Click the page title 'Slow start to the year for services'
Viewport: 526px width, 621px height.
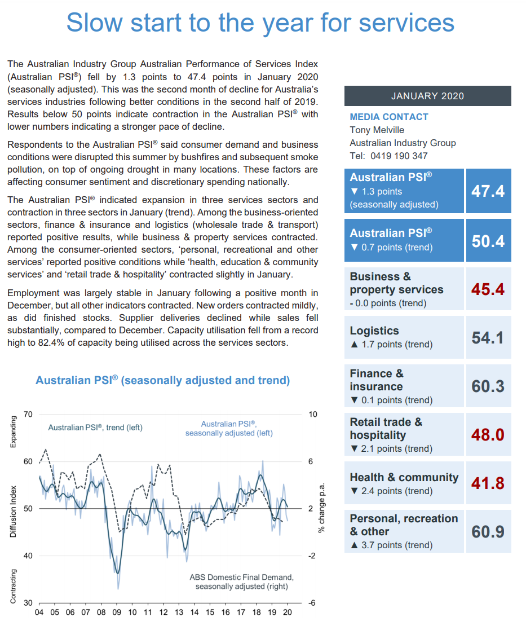coord(260,23)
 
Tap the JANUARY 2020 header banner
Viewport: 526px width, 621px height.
coord(427,96)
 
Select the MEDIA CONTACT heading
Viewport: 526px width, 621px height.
coord(389,117)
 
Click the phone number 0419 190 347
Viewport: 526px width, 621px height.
coord(399,156)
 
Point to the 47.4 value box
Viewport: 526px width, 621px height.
coord(488,191)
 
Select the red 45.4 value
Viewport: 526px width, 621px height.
coord(488,289)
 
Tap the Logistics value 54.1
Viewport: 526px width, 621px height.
coord(488,338)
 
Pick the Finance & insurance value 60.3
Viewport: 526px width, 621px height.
coord(488,386)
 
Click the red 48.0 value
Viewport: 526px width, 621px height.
coord(488,435)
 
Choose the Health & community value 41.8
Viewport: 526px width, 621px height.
coord(488,483)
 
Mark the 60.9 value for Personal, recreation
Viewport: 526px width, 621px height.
coord(488,532)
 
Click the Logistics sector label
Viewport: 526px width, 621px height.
coord(374,331)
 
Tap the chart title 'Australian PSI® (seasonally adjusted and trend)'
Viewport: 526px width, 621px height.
coord(163,381)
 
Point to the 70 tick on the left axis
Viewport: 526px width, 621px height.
coord(28,415)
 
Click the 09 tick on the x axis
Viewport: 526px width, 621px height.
coord(117,613)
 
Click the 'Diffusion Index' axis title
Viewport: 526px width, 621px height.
coord(13,510)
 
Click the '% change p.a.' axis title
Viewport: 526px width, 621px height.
coord(321,508)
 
